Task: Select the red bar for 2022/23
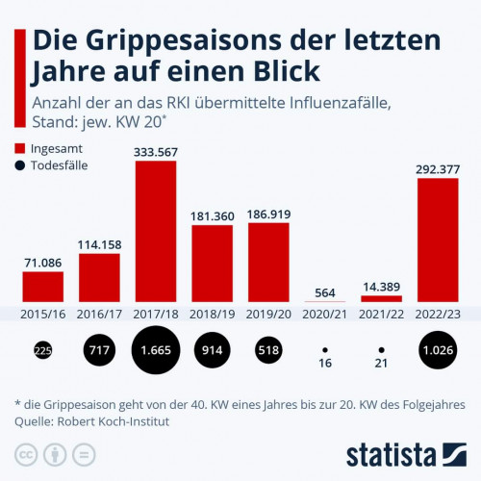click(x=438, y=240)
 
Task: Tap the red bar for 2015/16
click(x=42, y=286)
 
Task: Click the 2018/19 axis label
click(x=212, y=315)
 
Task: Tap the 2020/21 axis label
click(x=324, y=315)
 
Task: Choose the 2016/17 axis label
click(x=99, y=315)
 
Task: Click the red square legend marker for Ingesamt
click(x=21, y=148)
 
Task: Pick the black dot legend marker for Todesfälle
click(x=21, y=165)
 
